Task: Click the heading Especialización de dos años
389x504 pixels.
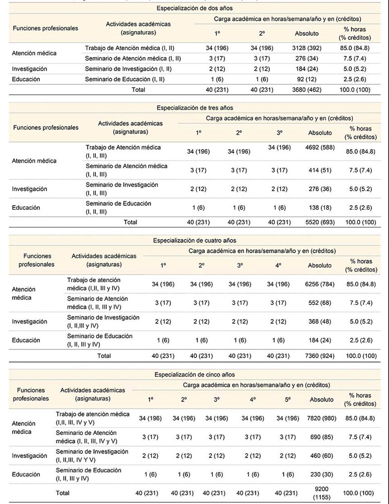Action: (x=194, y=9)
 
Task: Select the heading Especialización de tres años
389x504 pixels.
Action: (x=194, y=107)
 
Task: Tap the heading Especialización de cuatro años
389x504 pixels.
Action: (x=194, y=240)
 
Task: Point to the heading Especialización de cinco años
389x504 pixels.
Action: (x=194, y=374)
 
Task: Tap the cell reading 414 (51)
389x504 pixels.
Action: (x=320, y=170)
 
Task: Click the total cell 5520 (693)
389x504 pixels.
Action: (x=320, y=222)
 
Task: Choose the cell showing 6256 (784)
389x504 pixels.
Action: (x=320, y=284)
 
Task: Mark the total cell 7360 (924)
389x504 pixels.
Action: (x=320, y=356)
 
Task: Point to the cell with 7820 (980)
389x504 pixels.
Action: (x=320, y=418)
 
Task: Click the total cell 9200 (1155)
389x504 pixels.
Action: (x=320, y=493)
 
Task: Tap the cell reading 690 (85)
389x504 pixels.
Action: (x=320, y=437)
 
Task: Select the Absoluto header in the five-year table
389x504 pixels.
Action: (x=320, y=400)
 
